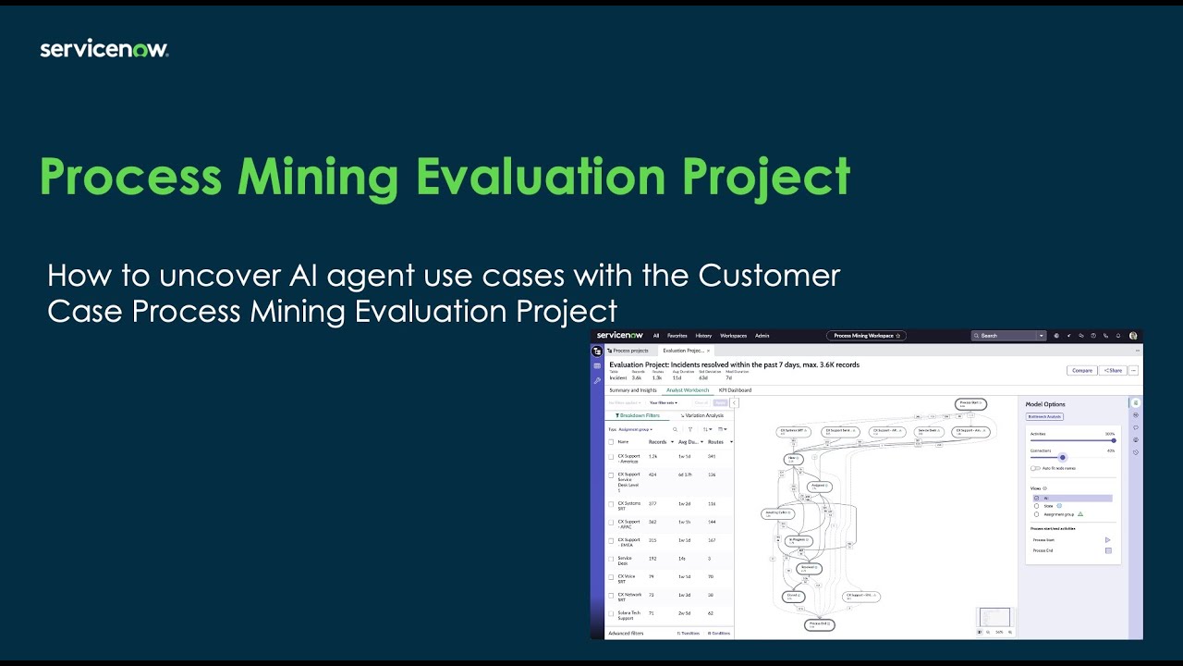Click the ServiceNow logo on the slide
104,50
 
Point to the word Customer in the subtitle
769,276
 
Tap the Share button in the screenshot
1112,370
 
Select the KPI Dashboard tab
735,390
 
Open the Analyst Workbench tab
688,390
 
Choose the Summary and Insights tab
633,390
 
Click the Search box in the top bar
1007,336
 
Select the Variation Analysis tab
702,415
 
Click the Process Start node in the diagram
970,404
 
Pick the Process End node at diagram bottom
820,625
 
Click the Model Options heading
1045,404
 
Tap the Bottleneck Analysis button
1045,417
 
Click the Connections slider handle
1063,457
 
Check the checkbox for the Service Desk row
611,559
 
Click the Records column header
657,442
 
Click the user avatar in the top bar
1133,336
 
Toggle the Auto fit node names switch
1035,468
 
